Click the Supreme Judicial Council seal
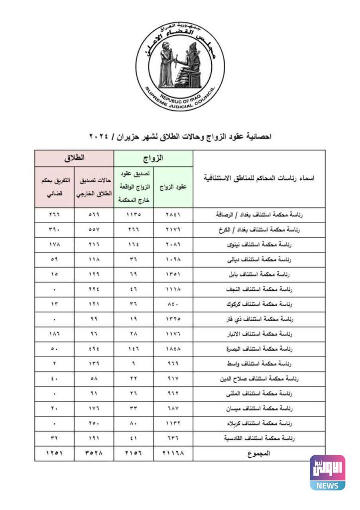click(x=180, y=67)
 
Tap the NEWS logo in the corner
click(x=327, y=473)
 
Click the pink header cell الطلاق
click(x=74, y=158)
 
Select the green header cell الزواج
click(x=153, y=158)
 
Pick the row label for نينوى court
click(x=258, y=245)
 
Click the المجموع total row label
click(x=258, y=453)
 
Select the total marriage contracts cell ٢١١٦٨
click(x=173, y=453)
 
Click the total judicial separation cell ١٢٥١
click(x=55, y=453)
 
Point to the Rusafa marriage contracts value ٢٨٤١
click(x=173, y=215)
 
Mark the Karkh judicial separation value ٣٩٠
click(x=55, y=230)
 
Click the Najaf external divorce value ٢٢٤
click(x=94, y=289)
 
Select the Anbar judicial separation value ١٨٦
click(x=55, y=334)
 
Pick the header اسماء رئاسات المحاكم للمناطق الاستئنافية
click(x=258, y=178)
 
